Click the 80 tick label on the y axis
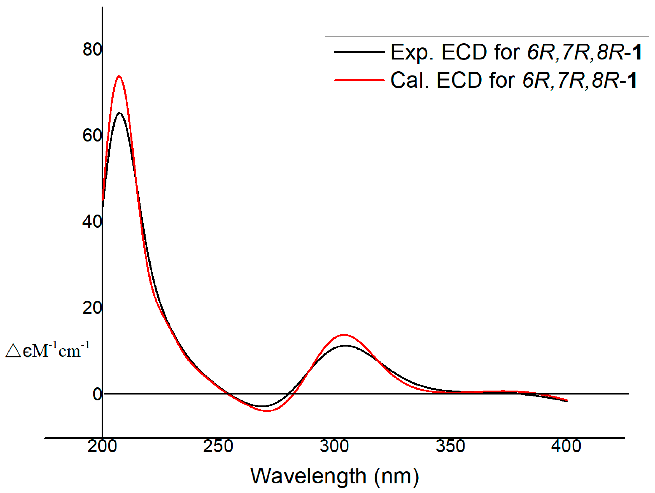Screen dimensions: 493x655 [x=92, y=49]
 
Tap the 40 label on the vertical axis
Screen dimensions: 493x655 [x=92, y=222]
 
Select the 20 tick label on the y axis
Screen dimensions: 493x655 [x=92, y=308]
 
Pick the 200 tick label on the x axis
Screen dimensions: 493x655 [x=102, y=446]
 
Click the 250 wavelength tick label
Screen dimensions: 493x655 [x=218, y=446]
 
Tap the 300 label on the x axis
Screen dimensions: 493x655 [x=334, y=446]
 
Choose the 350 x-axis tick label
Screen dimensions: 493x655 [x=450, y=446]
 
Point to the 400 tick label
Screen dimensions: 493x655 [x=566, y=446]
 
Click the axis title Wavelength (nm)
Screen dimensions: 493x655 [x=335, y=476]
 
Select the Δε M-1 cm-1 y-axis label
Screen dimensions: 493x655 [x=47, y=350]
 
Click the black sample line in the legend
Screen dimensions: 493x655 [x=359, y=52]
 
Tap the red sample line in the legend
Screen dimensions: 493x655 [x=359, y=80]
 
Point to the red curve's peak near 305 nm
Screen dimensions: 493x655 [x=344, y=335]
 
